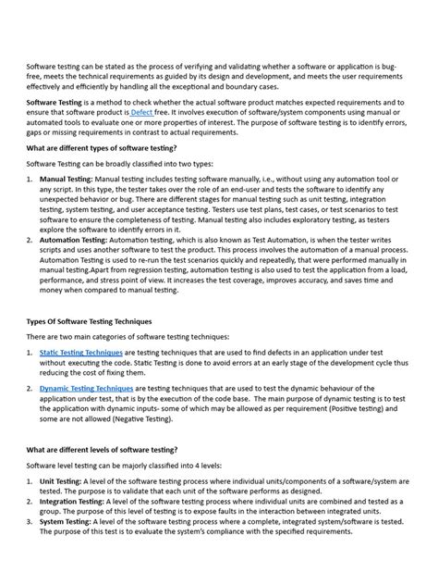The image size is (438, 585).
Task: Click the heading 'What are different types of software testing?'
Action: coord(100,147)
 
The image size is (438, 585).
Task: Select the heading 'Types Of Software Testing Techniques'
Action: coord(91,321)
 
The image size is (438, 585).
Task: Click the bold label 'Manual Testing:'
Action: coord(66,178)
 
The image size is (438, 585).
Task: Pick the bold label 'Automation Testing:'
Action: coord(73,239)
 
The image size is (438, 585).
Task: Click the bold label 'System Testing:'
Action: coord(66,522)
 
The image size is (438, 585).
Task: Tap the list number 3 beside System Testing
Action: coord(30,522)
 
